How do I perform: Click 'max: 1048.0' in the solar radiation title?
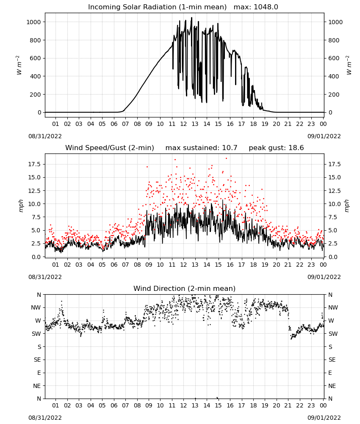[x=256, y=7]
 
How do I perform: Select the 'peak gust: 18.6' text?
[x=276, y=148]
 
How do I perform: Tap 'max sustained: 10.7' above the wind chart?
[x=201, y=148]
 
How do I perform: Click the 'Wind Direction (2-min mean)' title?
[x=185, y=288]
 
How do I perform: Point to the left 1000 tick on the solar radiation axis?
[x=33, y=22]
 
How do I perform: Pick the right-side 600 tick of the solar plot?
[x=334, y=58]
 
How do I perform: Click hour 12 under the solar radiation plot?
[x=183, y=124]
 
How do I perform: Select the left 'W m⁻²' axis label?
[x=19, y=65]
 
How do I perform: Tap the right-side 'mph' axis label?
[x=347, y=206]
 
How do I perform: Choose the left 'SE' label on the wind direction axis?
[x=37, y=360]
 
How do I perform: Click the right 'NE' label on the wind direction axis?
[x=332, y=386]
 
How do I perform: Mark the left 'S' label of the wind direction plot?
[x=39, y=347]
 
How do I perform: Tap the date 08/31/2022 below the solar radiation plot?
[x=45, y=136]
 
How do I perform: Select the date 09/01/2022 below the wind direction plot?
[x=324, y=418]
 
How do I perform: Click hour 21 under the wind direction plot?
[x=288, y=405]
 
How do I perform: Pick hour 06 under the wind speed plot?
[x=114, y=265]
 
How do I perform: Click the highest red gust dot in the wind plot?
[x=226, y=158]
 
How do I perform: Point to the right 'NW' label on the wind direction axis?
[x=333, y=307]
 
